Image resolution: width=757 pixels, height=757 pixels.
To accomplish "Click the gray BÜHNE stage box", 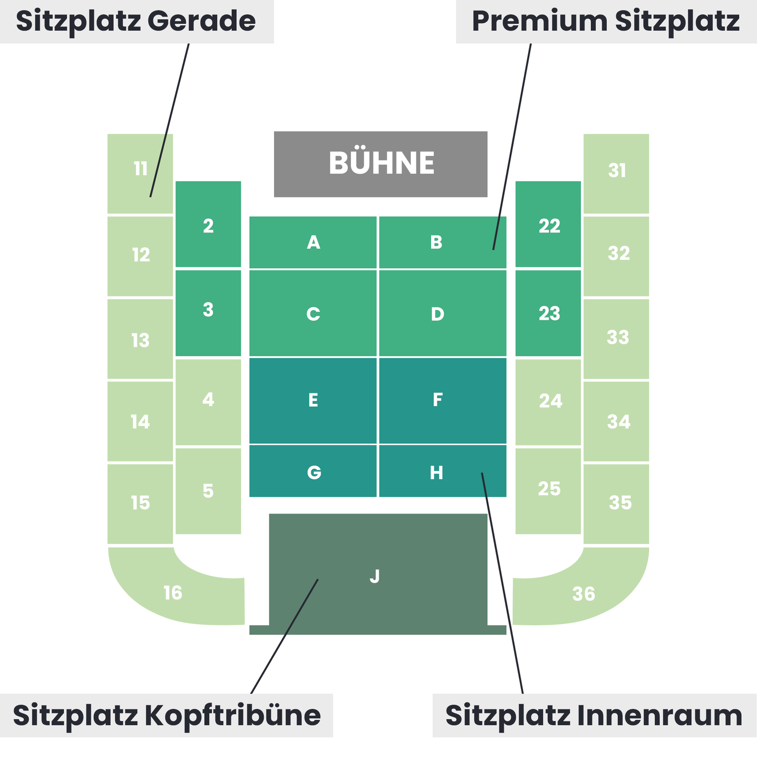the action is point(380,164).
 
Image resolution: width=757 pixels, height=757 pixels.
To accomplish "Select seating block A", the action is point(313,243).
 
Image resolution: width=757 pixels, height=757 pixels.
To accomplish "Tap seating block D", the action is point(443,313).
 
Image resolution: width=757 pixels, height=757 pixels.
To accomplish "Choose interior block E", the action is point(313,400).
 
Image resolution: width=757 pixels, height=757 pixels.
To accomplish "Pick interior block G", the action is point(313,471).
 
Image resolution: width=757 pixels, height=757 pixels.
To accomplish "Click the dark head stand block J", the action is point(378,574).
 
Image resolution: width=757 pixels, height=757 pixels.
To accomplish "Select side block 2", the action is point(208,224).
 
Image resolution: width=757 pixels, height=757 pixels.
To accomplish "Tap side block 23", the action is point(548,313).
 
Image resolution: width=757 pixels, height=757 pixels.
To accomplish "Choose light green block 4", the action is point(208,402).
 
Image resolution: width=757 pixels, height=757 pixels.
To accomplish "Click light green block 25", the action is point(548,491).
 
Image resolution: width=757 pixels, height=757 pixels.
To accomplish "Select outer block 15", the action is point(140,504).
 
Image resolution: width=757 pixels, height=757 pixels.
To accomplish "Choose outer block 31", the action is point(616,173).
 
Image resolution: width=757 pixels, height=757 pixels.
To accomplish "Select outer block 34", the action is point(616,422).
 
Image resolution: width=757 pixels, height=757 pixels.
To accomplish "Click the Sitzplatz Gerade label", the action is point(136,21).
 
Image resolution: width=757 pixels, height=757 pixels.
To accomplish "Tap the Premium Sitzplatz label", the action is point(606,21).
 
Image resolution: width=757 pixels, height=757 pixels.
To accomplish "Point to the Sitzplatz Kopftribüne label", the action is point(167,716).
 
